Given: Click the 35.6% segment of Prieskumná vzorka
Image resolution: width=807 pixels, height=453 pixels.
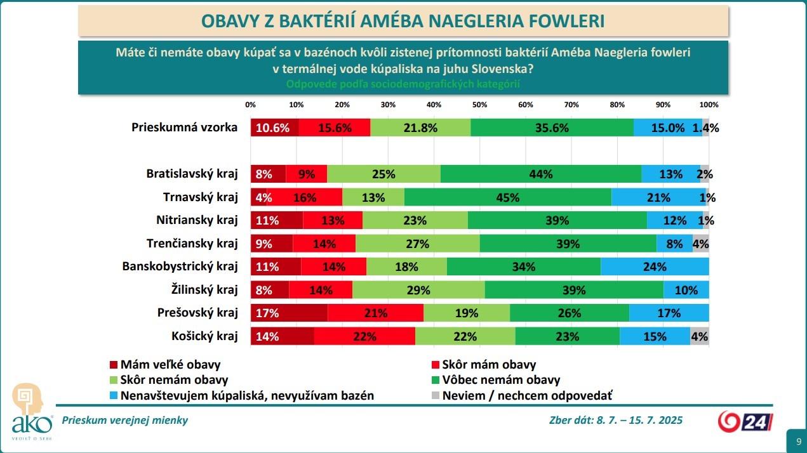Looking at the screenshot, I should [x=552, y=128].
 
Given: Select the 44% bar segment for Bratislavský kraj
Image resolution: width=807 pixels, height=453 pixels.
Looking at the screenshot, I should [x=541, y=174].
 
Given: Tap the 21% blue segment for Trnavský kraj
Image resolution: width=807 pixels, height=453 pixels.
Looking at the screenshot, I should [x=658, y=197].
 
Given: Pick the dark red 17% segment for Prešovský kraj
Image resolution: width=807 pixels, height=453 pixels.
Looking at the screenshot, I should [x=289, y=313].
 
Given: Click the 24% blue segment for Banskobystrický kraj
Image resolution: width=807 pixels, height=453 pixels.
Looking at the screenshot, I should [x=655, y=266].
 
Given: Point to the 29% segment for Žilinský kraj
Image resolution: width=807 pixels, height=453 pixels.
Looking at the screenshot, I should [x=418, y=290].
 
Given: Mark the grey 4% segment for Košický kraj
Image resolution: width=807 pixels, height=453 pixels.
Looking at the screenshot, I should [x=700, y=336].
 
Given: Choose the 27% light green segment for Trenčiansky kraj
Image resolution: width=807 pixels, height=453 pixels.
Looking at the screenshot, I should [x=418, y=244].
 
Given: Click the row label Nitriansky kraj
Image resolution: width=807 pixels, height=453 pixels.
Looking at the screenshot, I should [x=197, y=220].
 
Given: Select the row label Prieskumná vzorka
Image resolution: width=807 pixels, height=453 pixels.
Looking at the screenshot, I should [x=184, y=128].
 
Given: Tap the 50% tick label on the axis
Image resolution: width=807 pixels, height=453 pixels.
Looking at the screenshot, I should [x=479, y=104].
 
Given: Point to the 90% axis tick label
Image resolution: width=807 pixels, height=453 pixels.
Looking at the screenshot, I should [x=663, y=104].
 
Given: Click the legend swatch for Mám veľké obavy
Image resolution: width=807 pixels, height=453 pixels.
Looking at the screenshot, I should [x=114, y=365].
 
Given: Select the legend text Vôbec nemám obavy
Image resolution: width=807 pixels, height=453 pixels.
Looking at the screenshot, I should [x=501, y=380].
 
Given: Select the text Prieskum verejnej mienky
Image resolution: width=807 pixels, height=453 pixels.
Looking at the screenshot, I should [x=124, y=420].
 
